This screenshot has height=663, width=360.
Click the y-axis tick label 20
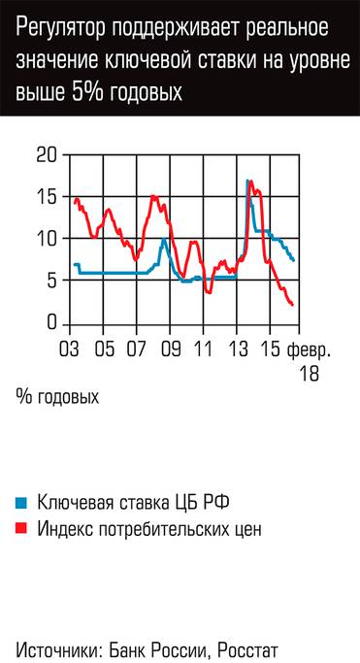(x=46, y=154)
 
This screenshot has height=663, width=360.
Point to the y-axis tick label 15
(x=46, y=196)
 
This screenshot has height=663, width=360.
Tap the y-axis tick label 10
(x=46, y=239)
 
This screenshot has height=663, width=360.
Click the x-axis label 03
(x=70, y=348)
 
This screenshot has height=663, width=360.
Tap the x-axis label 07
(x=137, y=348)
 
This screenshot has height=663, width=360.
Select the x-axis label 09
(x=171, y=348)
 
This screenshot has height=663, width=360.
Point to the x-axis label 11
(x=204, y=348)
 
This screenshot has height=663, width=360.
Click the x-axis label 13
(x=237, y=348)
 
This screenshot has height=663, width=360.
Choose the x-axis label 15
(x=270, y=348)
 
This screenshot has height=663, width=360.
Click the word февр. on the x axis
(x=309, y=348)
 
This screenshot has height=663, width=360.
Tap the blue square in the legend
(x=20, y=503)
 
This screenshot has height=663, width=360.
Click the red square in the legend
(x=20, y=529)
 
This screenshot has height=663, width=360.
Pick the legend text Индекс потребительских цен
(x=149, y=529)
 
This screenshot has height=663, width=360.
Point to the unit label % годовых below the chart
(x=57, y=396)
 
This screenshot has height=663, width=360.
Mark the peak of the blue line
(x=248, y=182)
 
